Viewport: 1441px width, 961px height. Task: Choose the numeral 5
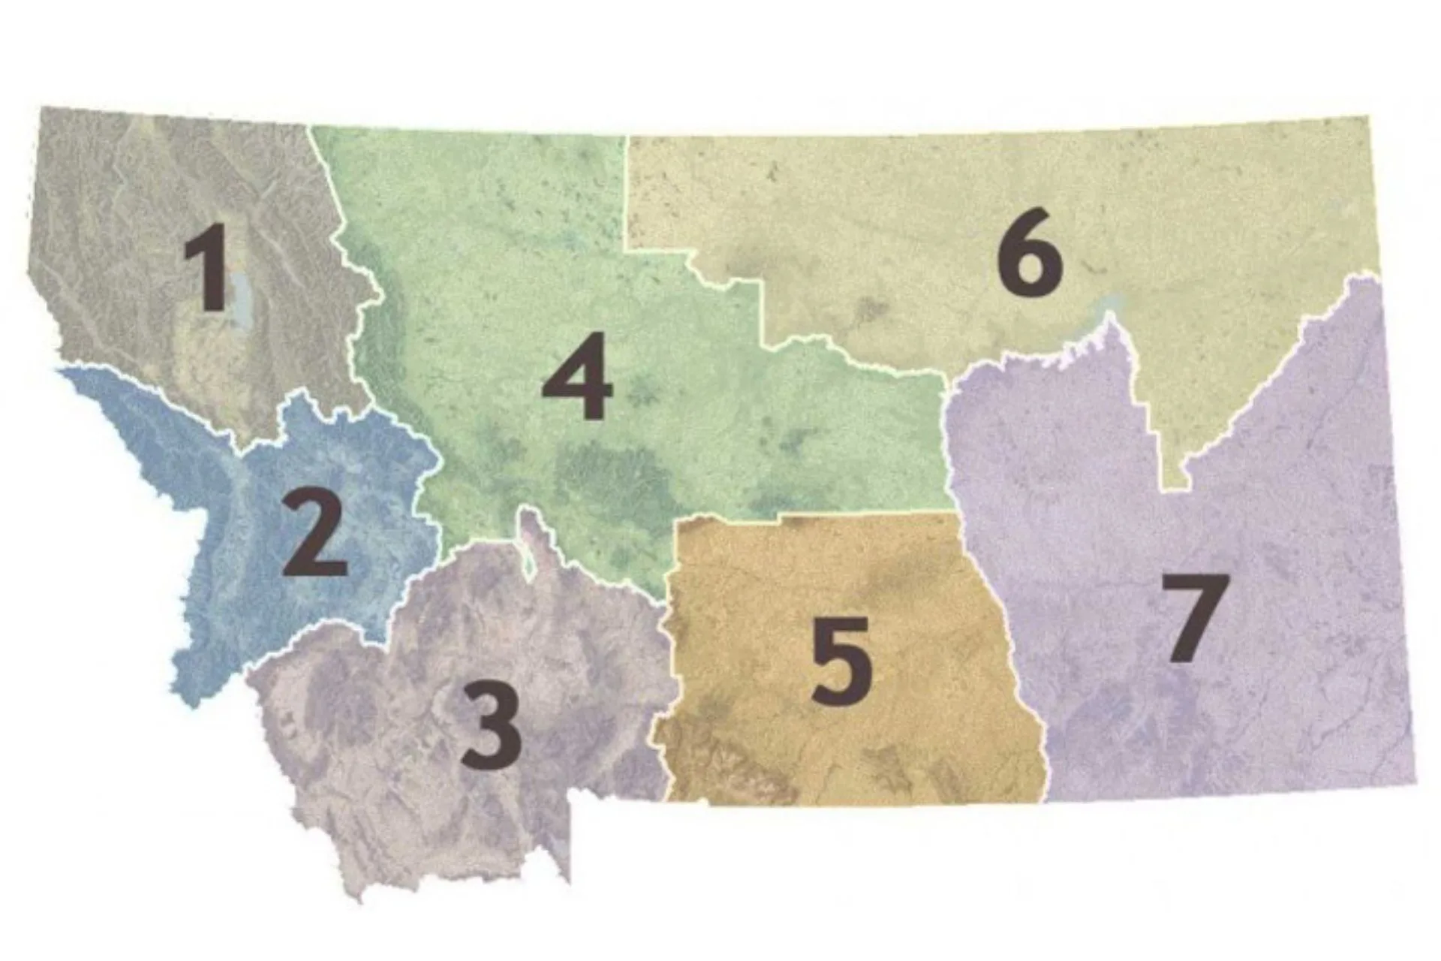[x=842, y=660]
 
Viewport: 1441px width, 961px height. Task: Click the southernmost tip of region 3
[x=359, y=898]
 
